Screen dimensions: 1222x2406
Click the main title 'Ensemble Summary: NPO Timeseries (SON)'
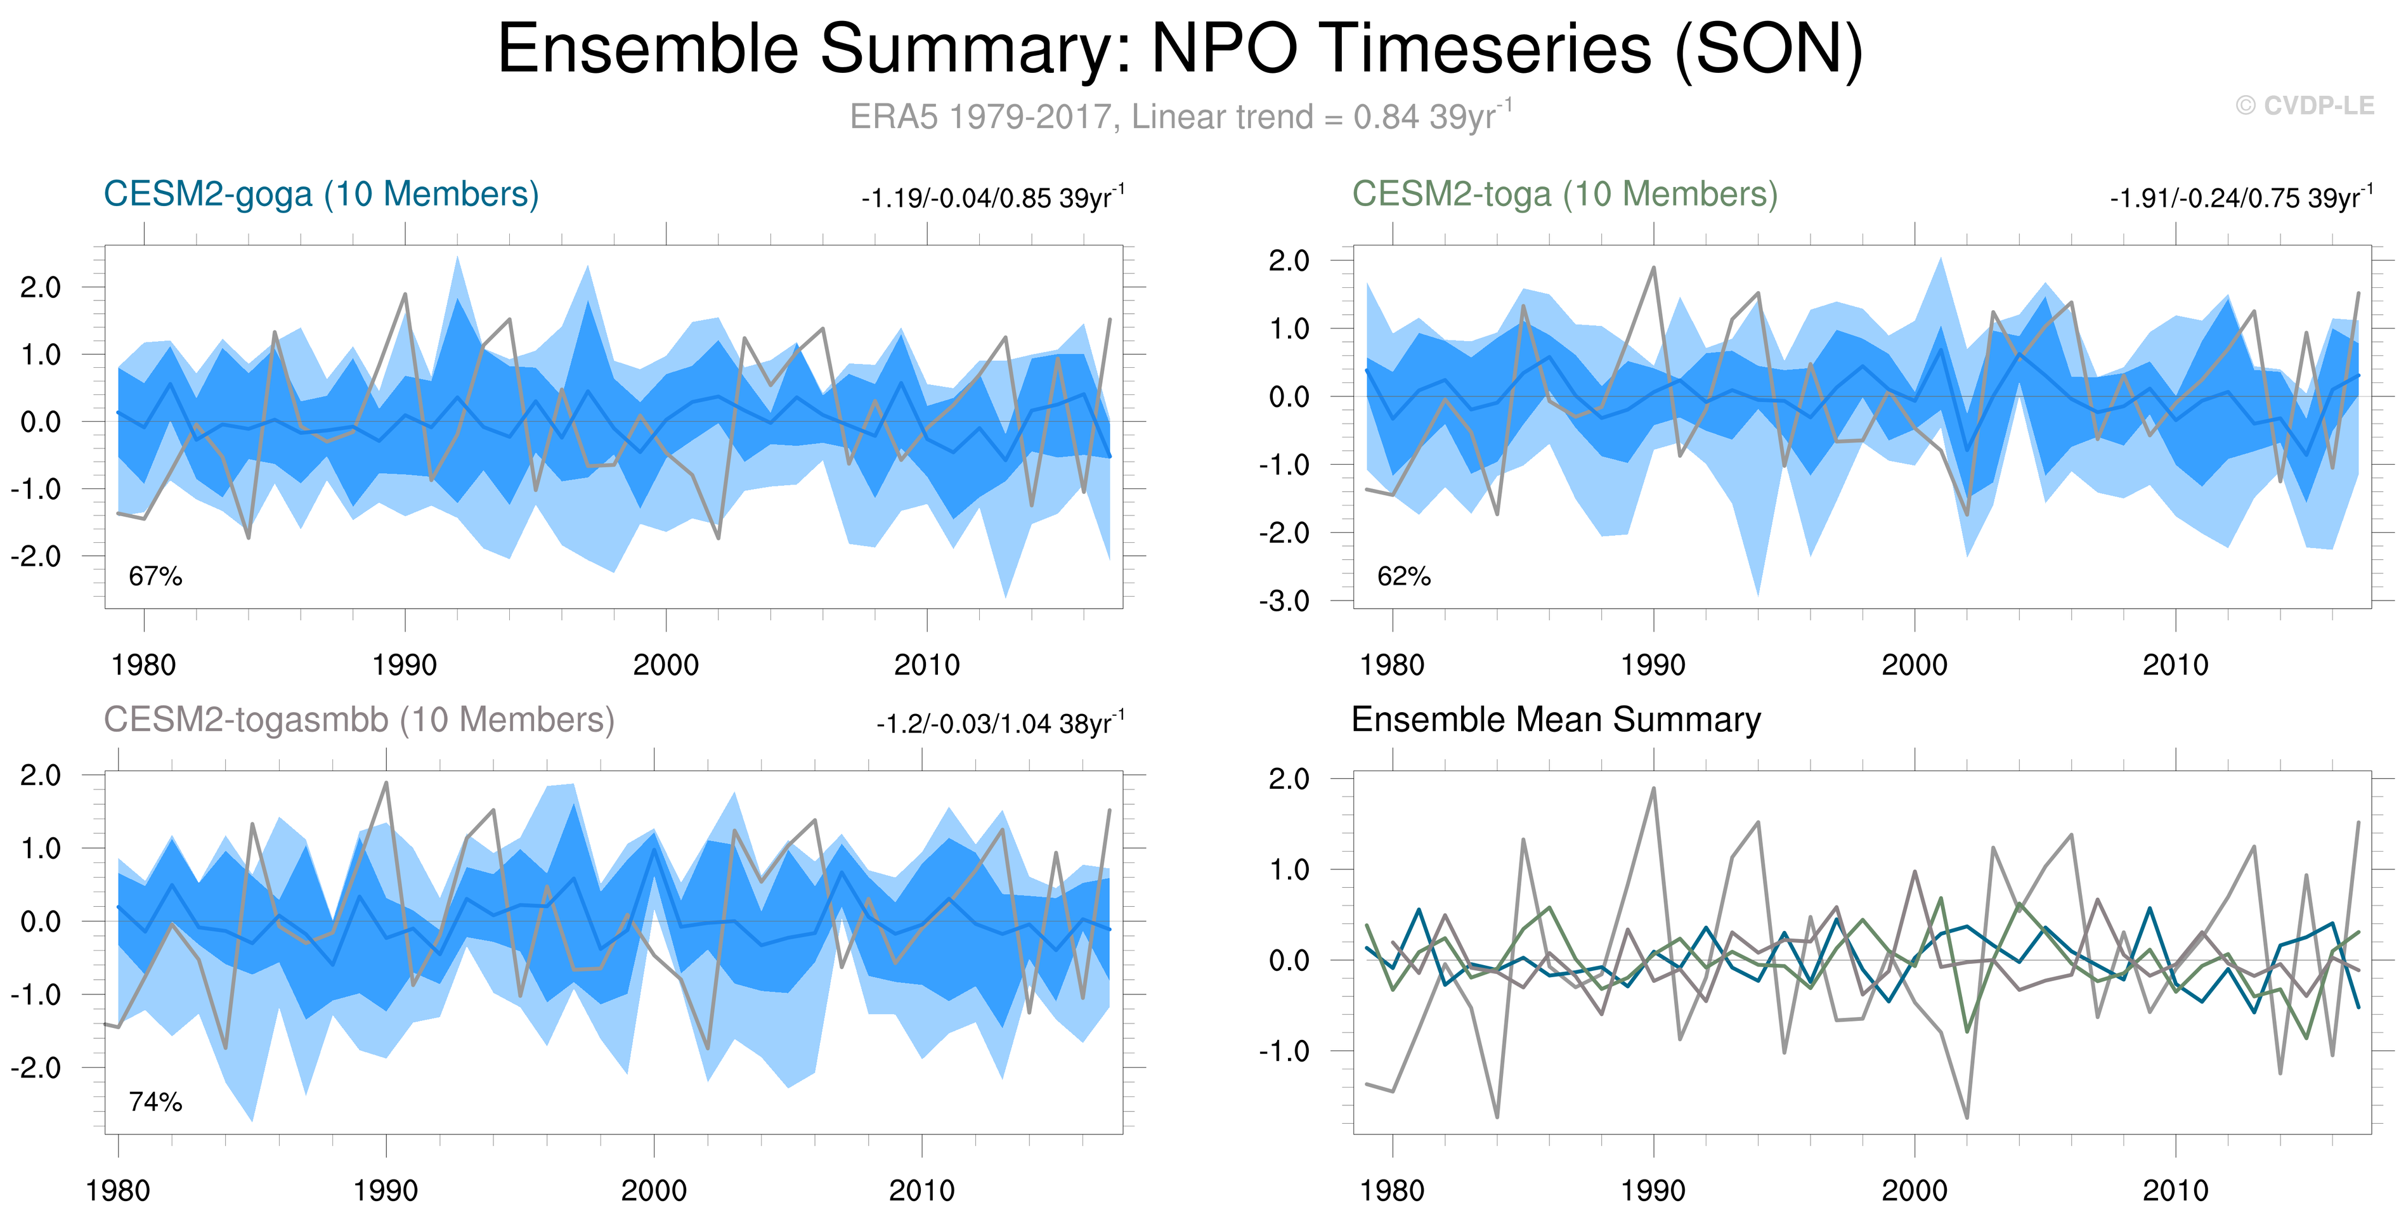pos(1180,49)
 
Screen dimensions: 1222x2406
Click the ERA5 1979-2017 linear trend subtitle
pos(1180,117)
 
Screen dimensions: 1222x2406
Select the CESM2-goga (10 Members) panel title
pos(322,194)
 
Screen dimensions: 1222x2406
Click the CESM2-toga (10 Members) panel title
pos(1564,194)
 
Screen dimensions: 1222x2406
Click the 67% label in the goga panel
pos(155,576)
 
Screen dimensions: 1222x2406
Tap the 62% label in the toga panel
pos(1404,576)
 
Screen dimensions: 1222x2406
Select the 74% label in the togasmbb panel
pos(155,1102)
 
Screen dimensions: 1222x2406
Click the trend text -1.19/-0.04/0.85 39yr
pos(993,198)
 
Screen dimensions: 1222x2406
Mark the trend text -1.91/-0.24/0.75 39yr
pos(2240,198)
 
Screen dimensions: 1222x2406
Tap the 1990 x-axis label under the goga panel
pos(405,665)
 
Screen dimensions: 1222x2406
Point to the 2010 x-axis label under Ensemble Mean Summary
pos(2175,1190)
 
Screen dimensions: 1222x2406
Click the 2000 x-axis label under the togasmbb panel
pos(654,1190)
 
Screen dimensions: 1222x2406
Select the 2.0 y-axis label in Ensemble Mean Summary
pos(1289,778)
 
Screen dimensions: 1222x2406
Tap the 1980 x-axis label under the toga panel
pos(1393,665)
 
